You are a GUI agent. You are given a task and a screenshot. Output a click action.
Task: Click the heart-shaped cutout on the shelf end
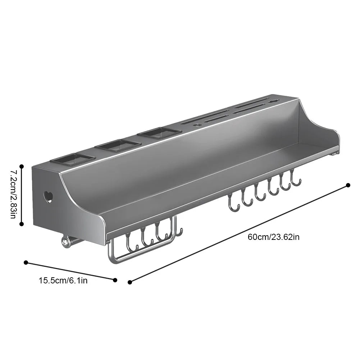pos(48,197)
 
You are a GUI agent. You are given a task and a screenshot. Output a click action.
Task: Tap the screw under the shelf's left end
pos(65,243)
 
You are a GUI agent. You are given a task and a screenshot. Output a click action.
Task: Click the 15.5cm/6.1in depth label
pos(63,280)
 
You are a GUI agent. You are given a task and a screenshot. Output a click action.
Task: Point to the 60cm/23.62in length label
pos(273,237)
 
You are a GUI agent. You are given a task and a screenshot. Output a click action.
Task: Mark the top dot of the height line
pos(22,167)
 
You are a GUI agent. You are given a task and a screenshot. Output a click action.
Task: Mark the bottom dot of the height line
pos(22,224)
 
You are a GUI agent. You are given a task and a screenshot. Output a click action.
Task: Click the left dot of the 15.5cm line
pos(26,263)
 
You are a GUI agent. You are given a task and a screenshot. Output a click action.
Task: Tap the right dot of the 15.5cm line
pos(115,280)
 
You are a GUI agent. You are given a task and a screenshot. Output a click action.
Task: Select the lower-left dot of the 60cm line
pos(130,282)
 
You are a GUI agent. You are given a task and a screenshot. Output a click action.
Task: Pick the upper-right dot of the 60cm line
pos(348,185)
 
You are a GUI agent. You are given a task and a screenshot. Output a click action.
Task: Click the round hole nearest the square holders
pos(197,125)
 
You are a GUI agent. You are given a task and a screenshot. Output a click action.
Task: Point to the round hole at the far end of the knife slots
pos(274,101)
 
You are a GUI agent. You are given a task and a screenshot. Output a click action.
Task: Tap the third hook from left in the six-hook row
pos(260,194)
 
